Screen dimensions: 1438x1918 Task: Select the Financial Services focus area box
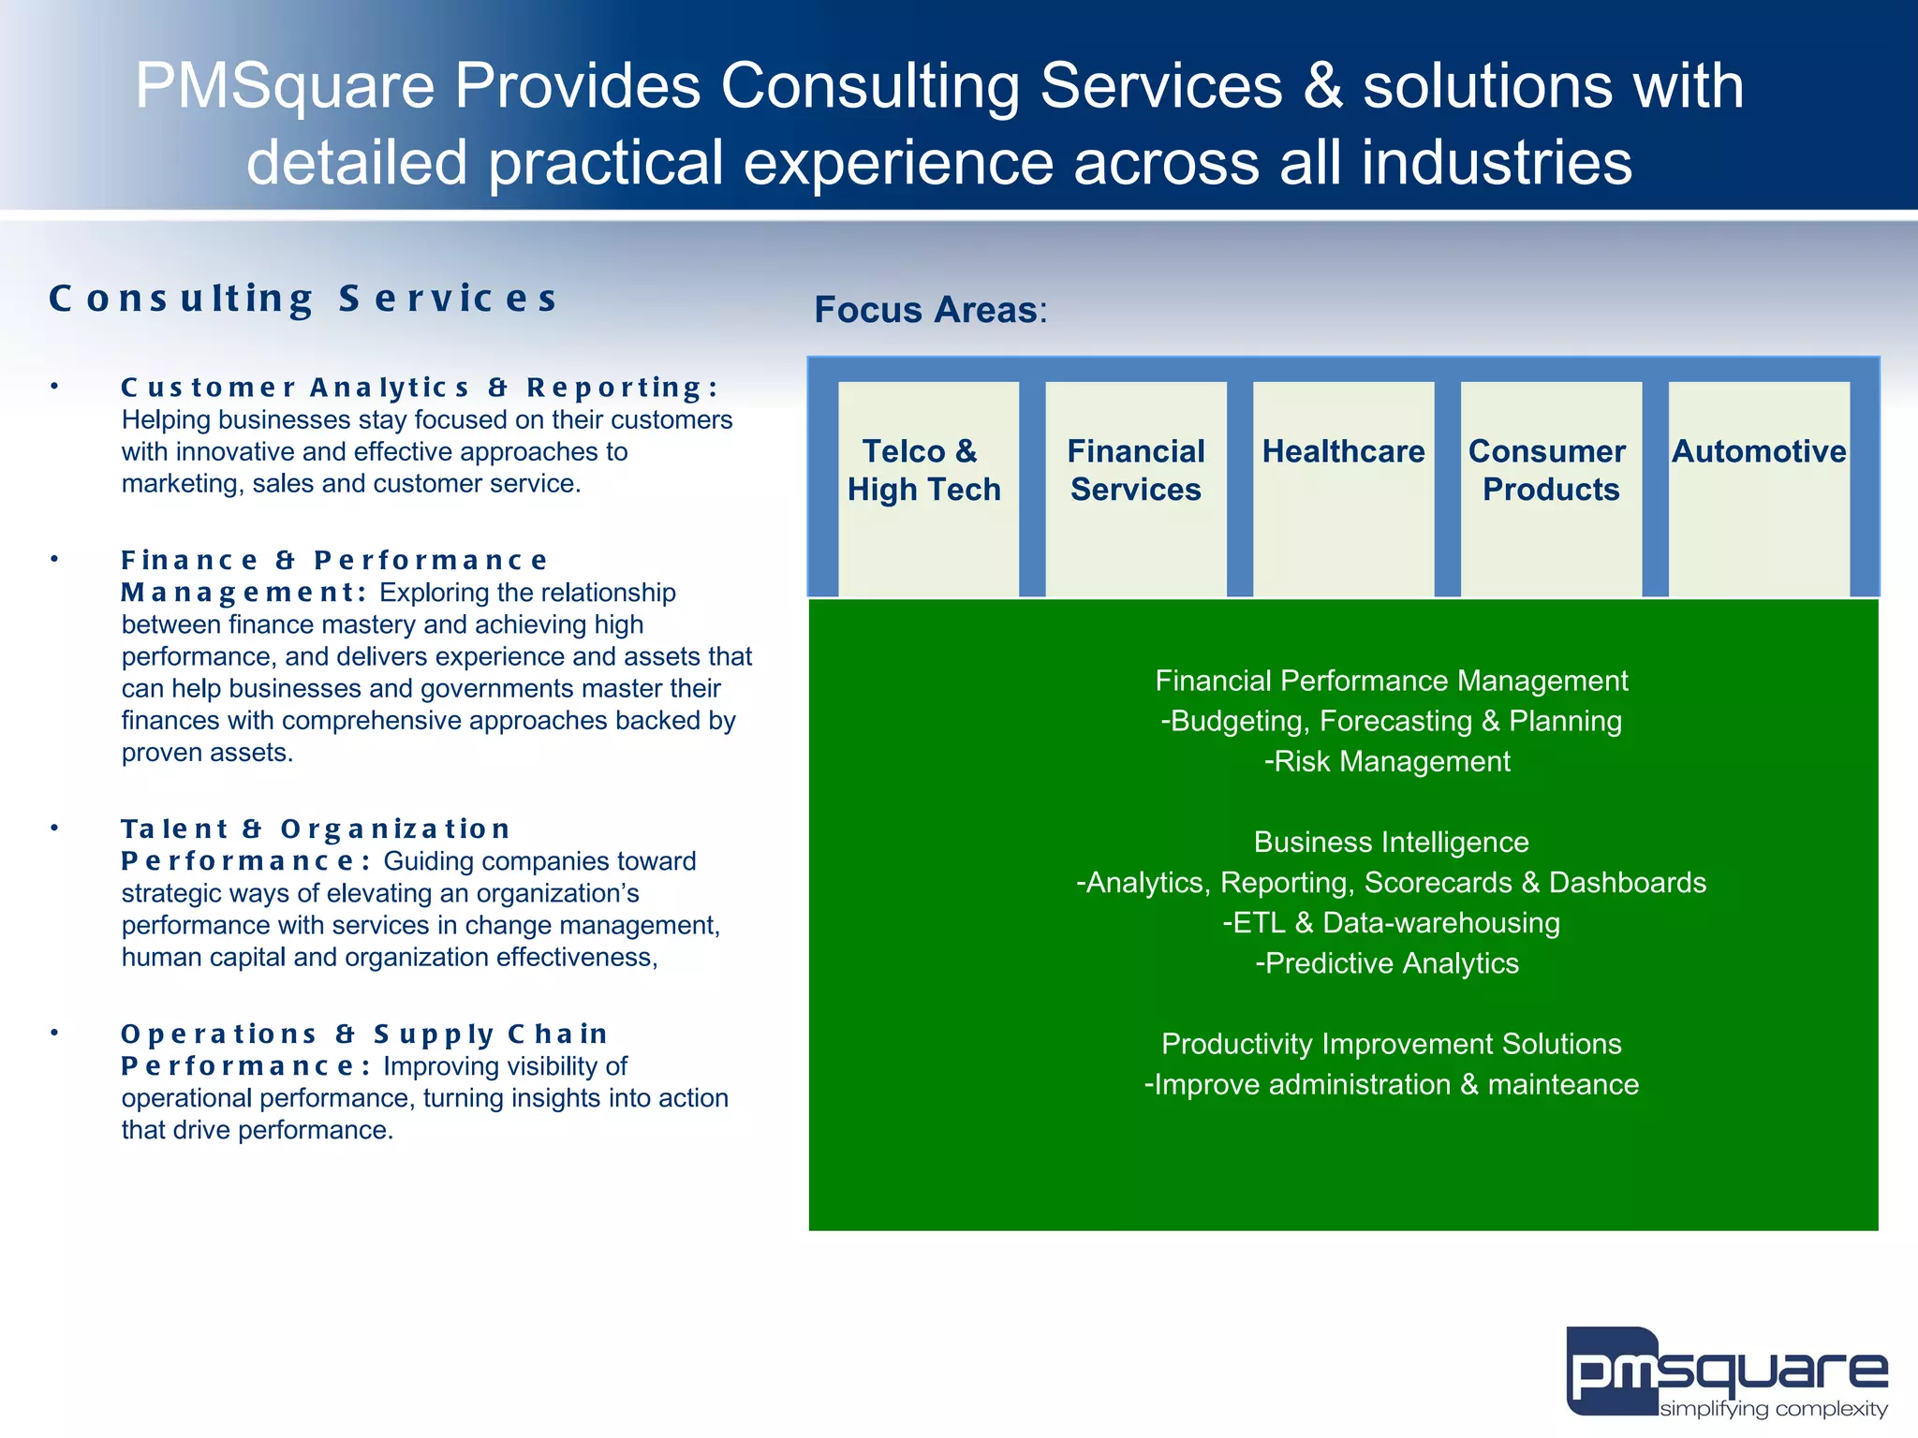[x=1135, y=487]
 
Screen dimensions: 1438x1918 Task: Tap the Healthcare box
[x=1343, y=487]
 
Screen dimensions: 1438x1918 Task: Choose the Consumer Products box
[x=1550, y=487]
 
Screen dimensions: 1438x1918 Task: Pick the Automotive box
[x=1759, y=487]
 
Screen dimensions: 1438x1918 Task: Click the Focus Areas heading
[x=930, y=310]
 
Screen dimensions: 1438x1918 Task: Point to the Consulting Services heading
[x=303, y=299]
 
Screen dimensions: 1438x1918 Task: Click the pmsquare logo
[x=1726, y=1371]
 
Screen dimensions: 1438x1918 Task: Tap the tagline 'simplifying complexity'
[x=1773, y=1409]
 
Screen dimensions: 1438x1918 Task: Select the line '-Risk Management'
[x=1387, y=762]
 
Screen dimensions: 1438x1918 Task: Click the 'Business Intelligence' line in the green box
[x=1391, y=843]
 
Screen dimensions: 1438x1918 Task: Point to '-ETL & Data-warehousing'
[x=1391, y=923]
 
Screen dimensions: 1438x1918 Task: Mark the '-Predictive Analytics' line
[x=1387, y=963]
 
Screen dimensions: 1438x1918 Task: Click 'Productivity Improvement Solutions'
[x=1391, y=1044]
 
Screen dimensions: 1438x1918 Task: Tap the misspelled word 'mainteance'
[x=1563, y=1084]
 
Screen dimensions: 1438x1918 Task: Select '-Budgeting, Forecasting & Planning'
[x=1391, y=722]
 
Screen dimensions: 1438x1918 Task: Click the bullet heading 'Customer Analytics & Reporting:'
[x=420, y=387]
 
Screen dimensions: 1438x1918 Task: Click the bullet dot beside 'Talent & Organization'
[x=55, y=829]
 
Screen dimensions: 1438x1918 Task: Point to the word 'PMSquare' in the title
[x=285, y=86]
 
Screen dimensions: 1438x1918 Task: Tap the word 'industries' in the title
[x=1496, y=163]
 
